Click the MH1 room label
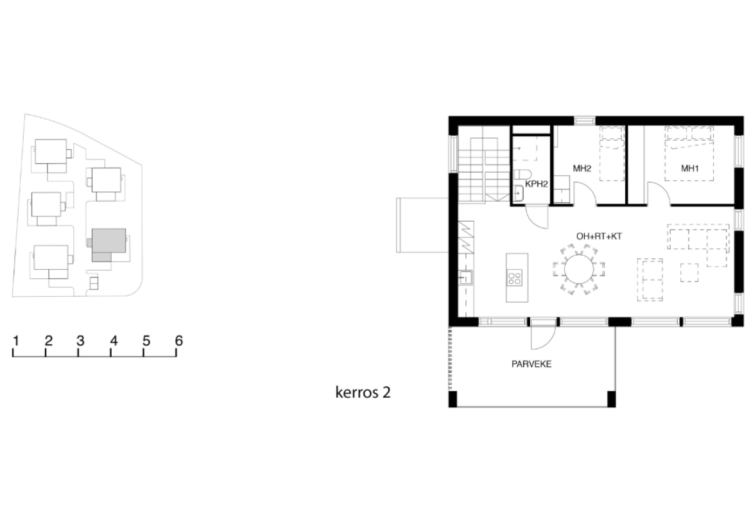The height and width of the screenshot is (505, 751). [x=689, y=168]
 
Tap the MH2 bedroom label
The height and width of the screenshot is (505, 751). [x=582, y=168]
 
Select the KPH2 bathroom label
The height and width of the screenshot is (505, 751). [x=537, y=184]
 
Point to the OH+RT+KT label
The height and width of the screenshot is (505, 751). [x=599, y=236]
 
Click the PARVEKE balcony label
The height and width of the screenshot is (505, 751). [x=531, y=364]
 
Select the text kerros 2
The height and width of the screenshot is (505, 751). [x=363, y=393]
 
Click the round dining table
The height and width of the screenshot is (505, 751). [x=579, y=269]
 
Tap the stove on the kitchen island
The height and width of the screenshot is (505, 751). [x=515, y=279]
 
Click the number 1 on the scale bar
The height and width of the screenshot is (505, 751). [x=16, y=341]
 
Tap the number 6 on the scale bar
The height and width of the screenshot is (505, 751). [x=178, y=341]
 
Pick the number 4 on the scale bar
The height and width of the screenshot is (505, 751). [x=114, y=341]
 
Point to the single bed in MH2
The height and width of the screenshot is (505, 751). [x=612, y=154]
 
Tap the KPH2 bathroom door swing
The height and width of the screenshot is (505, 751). [x=537, y=217]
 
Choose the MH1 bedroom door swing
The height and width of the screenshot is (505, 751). [x=658, y=193]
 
